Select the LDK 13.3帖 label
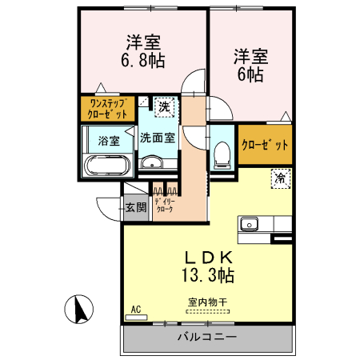point(209,266)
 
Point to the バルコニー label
point(206,338)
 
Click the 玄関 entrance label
point(135,208)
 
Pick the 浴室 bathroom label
point(108,141)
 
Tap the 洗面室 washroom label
point(157,138)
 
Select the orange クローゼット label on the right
point(266,146)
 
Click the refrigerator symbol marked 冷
point(281,178)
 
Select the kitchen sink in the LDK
point(249,223)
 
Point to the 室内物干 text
point(207,303)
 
